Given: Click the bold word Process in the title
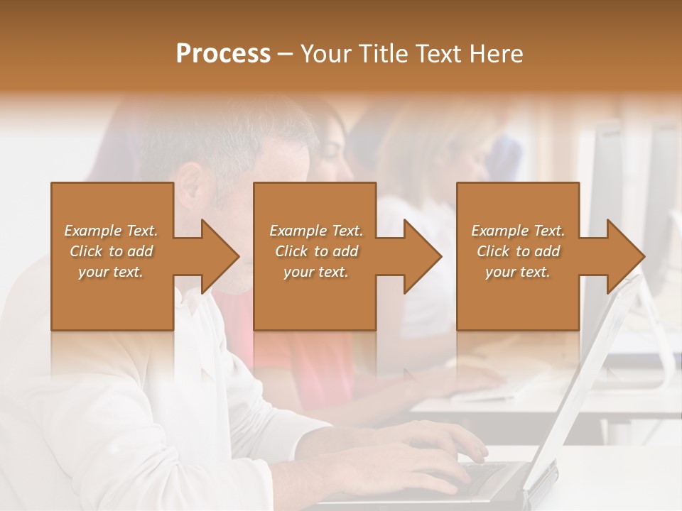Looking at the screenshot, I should [223, 54].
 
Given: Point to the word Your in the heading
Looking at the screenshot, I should [326, 54].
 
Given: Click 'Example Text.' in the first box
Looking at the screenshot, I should [111, 231].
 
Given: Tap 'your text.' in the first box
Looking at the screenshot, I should [111, 272].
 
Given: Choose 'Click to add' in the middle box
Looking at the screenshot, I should [316, 251].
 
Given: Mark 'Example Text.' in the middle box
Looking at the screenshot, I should [316, 231].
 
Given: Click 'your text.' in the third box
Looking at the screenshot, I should [518, 272].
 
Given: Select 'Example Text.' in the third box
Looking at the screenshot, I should [518, 231].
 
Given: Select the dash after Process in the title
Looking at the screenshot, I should [286, 54].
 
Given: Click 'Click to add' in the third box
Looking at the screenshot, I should [518, 251].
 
